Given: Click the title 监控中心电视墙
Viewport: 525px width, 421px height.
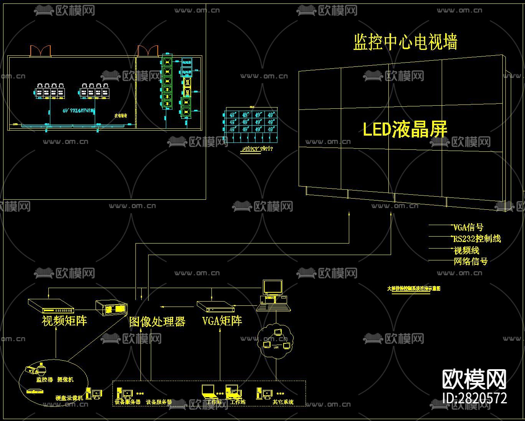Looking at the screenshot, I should (405, 42).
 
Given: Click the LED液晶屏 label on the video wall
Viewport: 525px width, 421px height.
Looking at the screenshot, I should (405, 129).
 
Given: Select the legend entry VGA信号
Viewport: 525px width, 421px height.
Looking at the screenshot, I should (468, 227).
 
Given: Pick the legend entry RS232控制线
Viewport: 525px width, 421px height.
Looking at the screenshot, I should (477, 239).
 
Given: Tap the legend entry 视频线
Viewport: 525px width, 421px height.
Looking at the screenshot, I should (467, 250).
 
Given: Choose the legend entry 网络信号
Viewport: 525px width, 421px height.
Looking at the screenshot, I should (471, 262).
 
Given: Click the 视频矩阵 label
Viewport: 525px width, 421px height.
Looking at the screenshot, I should (64, 321).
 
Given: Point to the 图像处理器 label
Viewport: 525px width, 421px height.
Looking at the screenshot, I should (157, 322).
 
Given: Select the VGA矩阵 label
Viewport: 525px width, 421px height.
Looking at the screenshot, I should (222, 321).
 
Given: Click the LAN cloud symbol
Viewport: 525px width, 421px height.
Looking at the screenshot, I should (276, 337).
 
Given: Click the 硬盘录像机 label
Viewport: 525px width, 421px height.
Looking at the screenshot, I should (69, 398).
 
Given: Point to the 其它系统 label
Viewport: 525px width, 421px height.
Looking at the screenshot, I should (283, 402).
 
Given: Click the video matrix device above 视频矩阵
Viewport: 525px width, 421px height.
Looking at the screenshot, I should (51, 306).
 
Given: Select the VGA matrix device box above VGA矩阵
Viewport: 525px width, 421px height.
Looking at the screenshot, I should (215, 306).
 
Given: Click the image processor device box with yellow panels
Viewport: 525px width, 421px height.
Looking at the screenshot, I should (111, 307).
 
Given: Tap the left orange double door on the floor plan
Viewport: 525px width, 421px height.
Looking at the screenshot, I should (40, 51).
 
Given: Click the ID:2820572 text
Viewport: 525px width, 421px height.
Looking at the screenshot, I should (474, 398).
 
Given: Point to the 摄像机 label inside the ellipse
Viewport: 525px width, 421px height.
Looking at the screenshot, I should (65, 380).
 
